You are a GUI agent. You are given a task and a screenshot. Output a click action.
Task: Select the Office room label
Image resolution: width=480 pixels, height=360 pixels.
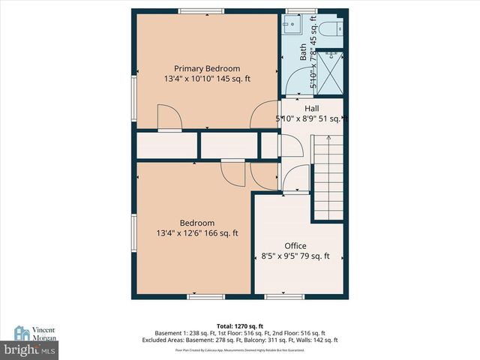[295, 246]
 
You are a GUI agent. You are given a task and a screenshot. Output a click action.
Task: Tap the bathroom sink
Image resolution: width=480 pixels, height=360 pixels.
[292, 28]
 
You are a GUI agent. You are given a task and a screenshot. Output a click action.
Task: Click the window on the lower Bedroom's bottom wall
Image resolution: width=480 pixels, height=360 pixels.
[205, 296]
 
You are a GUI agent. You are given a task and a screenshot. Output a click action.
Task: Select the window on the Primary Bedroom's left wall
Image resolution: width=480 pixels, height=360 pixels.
[134, 92]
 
